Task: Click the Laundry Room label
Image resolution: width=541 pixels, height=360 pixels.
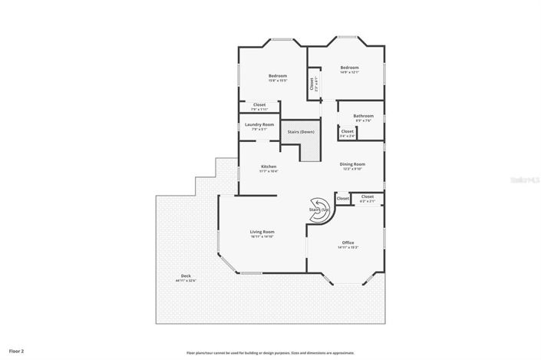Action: [x=259, y=124]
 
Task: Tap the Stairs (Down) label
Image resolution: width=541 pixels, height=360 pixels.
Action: [x=301, y=132]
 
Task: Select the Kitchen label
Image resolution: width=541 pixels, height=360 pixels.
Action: [x=269, y=167]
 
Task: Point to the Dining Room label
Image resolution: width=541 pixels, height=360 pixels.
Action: [x=353, y=163]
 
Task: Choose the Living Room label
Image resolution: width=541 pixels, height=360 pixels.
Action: [x=262, y=232]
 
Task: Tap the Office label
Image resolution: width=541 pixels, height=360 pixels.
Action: [x=348, y=243]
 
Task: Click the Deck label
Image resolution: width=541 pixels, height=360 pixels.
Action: [x=186, y=276]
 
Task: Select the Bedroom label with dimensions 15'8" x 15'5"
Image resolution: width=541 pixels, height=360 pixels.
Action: [x=277, y=75]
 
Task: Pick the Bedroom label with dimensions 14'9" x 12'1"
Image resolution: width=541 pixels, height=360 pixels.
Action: [x=350, y=68]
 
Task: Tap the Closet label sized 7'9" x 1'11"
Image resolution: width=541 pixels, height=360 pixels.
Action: [x=259, y=104]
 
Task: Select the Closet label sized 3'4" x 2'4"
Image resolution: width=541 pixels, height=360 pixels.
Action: [x=347, y=131]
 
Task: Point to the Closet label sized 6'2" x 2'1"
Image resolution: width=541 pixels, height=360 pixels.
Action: [x=368, y=197]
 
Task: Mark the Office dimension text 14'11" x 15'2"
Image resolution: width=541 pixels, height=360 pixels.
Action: [x=348, y=248]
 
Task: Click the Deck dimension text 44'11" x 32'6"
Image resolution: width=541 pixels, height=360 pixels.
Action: [x=186, y=281]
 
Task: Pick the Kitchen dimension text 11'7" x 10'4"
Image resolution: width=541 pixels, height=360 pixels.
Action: [x=269, y=171]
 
